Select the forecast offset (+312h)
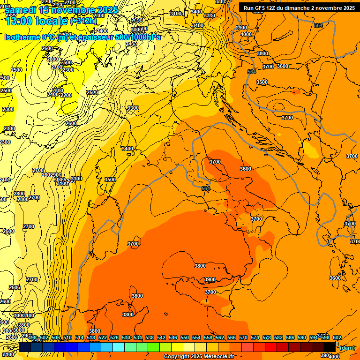(x=83, y=21)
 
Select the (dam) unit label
(x=347, y=348)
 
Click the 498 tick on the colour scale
(x=32, y=338)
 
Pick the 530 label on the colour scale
(x=126, y=338)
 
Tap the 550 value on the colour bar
(x=185, y=338)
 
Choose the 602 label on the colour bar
(x=337, y=338)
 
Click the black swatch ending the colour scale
(x=330, y=347)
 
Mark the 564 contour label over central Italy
(x=206, y=188)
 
